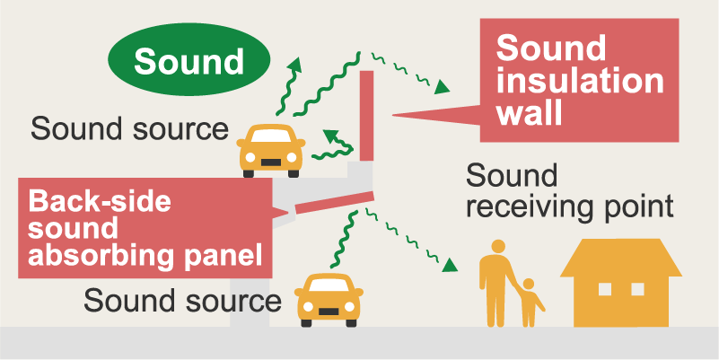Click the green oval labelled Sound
[189, 59]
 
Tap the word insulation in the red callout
[580, 82]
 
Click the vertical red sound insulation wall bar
[366, 116]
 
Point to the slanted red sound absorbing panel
[335, 203]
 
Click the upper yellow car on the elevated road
[271, 151]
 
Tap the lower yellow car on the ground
[329, 300]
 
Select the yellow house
[621, 283]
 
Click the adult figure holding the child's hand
[496, 285]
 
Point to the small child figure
[530, 303]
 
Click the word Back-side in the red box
[100, 202]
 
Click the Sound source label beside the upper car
[129, 129]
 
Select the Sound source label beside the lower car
[182, 301]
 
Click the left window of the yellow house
[605, 289]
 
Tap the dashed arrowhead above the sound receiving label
[443, 87]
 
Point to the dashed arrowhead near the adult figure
[451, 265]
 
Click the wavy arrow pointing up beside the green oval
[289, 86]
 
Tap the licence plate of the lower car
[329, 312]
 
